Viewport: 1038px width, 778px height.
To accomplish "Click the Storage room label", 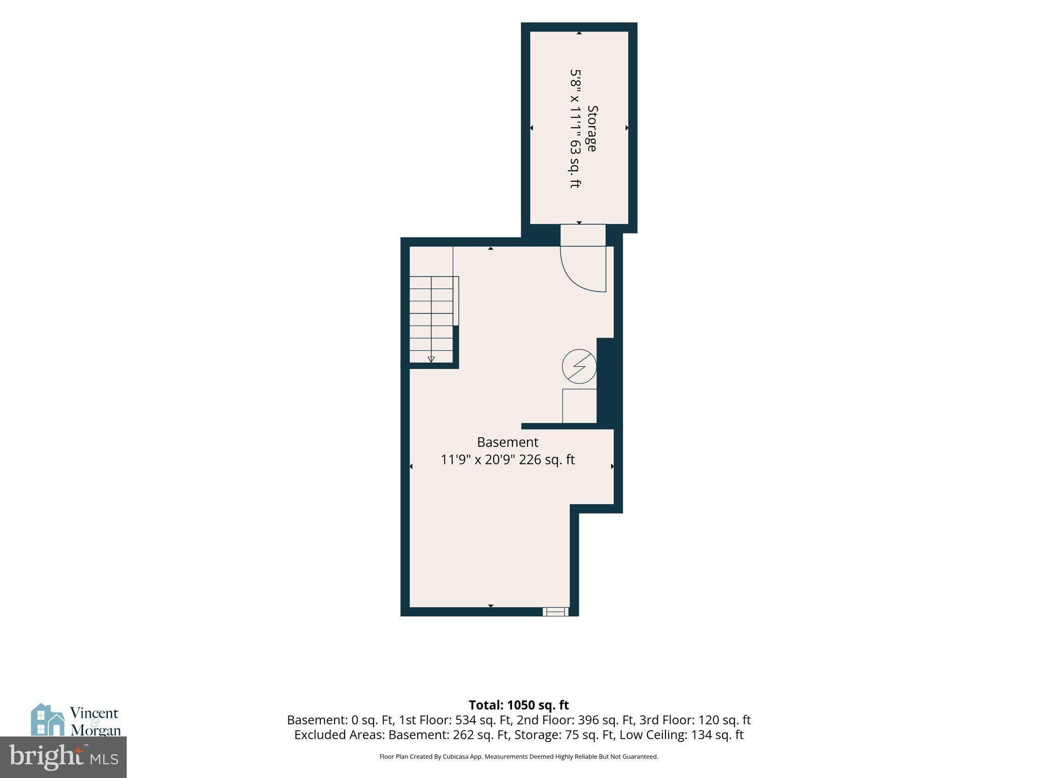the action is pyautogui.click(x=592, y=128).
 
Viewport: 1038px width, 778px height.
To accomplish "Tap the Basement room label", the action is pyautogui.click(x=507, y=442).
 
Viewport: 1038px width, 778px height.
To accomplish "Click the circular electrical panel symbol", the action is pyautogui.click(x=579, y=367).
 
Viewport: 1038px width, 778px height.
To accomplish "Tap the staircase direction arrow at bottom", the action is pyautogui.click(x=431, y=360).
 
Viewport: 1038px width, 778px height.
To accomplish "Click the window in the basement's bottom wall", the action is pyautogui.click(x=555, y=612).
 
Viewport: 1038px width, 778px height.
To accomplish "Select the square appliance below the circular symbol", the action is pyautogui.click(x=579, y=406).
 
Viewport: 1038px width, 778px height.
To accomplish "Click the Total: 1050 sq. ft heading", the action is pyautogui.click(x=518, y=705).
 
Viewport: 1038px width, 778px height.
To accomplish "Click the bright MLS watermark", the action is pyautogui.click(x=63, y=757).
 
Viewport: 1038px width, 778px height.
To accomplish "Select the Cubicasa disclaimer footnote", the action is pyautogui.click(x=518, y=757).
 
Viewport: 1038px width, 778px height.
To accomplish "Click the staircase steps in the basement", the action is pyautogui.click(x=431, y=320).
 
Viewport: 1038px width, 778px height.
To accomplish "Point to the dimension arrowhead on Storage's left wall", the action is pyautogui.click(x=531, y=128).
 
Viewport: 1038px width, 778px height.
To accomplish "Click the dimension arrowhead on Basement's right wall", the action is pyautogui.click(x=612, y=466).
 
